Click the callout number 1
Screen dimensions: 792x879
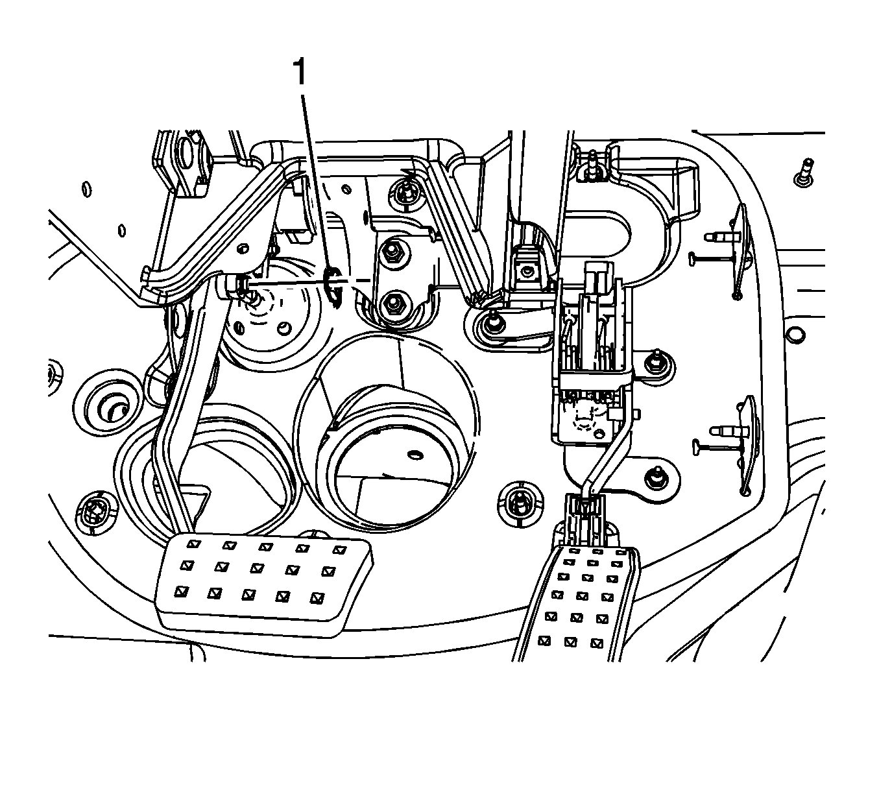299,71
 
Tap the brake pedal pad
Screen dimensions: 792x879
263,581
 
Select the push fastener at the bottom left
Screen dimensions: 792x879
96,513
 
